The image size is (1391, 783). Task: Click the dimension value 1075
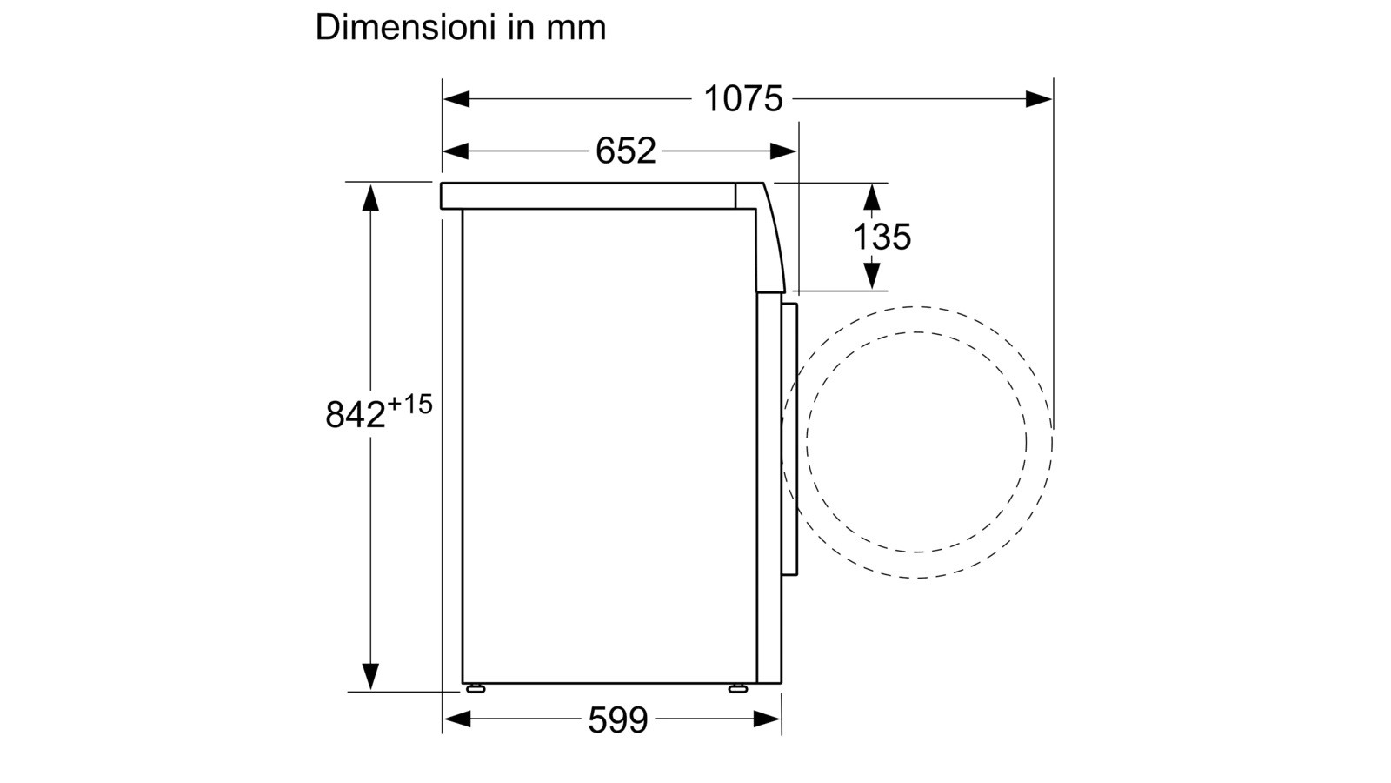click(x=742, y=99)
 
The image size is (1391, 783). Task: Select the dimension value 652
click(x=625, y=151)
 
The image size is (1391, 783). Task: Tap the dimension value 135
click(x=882, y=237)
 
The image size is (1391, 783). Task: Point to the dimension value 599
click(x=618, y=720)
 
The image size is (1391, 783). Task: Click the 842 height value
click(x=356, y=414)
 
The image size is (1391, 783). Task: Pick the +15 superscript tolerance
click(x=409, y=405)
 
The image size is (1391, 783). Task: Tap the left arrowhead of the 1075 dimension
click(x=456, y=99)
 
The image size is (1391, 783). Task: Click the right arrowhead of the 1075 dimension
click(x=1039, y=99)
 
